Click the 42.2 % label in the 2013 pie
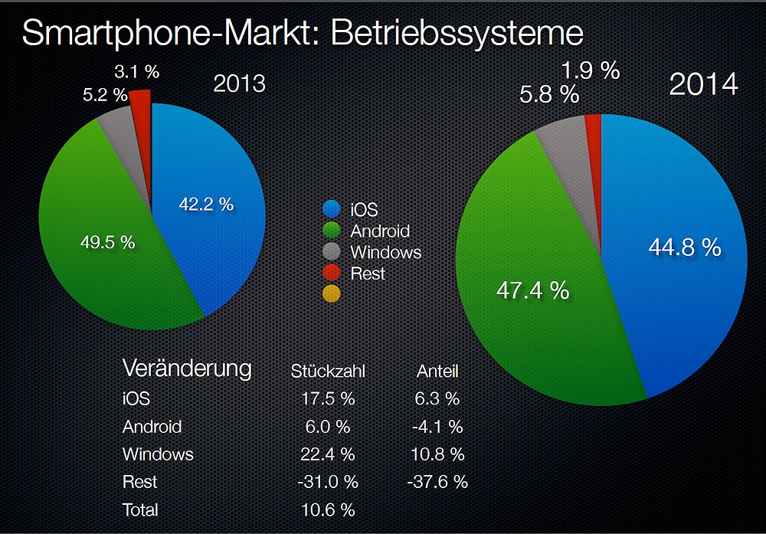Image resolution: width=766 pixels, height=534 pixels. pyautogui.click(x=205, y=205)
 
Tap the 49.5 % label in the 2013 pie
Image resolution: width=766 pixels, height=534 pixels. pyautogui.click(x=107, y=242)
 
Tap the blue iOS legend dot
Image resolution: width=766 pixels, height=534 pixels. pyautogui.click(x=332, y=208)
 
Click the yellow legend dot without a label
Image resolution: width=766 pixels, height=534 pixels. pyautogui.click(x=332, y=293)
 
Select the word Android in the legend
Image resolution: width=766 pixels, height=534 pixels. pyautogui.click(x=380, y=231)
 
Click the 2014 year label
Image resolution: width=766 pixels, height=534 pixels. pyautogui.click(x=703, y=84)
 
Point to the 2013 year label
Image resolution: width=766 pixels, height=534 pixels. pyautogui.click(x=239, y=82)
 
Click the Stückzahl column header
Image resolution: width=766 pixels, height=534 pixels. pyautogui.click(x=328, y=372)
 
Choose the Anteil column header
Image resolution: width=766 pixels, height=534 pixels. pyautogui.click(x=437, y=372)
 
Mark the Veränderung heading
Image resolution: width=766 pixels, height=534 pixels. pyautogui.click(x=187, y=369)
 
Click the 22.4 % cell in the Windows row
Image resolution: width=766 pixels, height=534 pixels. pyautogui.click(x=328, y=454)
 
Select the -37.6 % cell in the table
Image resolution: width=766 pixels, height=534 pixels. pyautogui.click(x=437, y=482)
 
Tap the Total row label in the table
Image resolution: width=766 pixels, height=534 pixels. pyautogui.click(x=140, y=509)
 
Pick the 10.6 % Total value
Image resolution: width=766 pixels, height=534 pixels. pyautogui.click(x=328, y=509)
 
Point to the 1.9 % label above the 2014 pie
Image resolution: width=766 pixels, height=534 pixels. pyautogui.click(x=590, y=70)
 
